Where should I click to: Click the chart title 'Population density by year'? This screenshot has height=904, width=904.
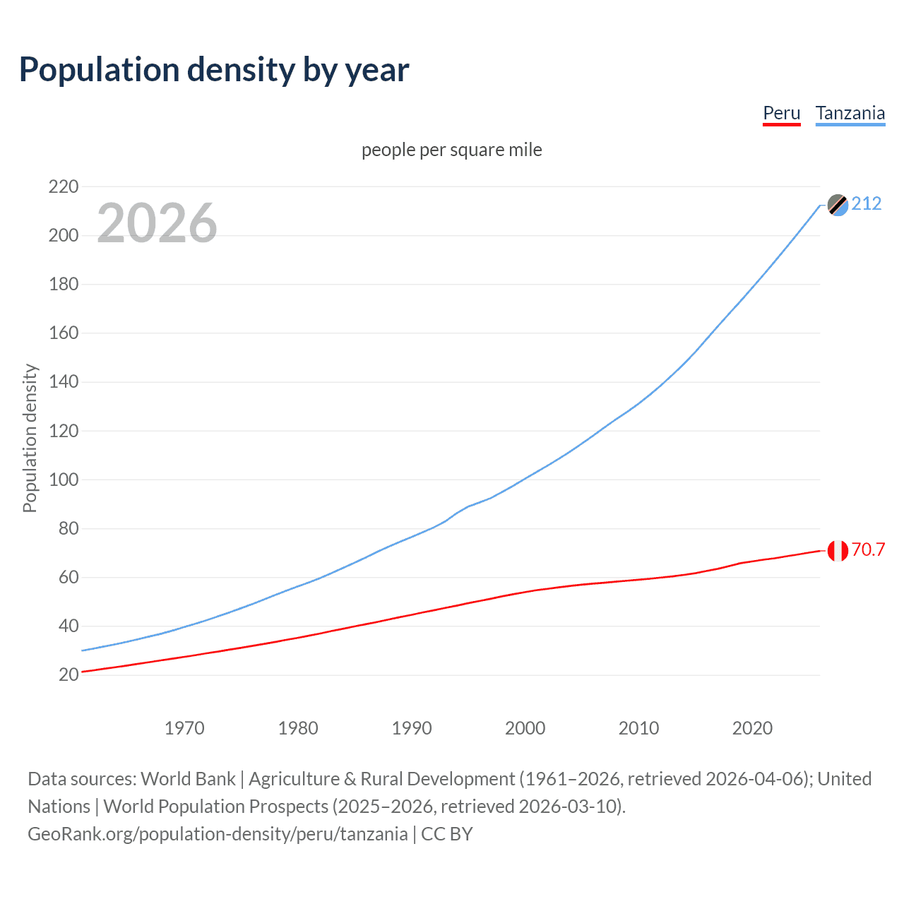click(214, 70)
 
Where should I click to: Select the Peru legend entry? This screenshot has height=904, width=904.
click(781, 113)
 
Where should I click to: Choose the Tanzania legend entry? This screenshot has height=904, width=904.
click(850, 113)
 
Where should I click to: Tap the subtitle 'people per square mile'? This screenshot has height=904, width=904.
click(451, 150)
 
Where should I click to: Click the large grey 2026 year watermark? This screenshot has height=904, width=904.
click(157, 223)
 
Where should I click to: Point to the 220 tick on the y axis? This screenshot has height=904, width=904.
click(64, 187)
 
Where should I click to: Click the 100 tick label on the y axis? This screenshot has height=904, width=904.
click(64, 480)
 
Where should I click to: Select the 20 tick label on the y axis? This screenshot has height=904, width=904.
click(69, 675)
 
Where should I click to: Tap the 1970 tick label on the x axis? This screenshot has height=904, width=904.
click(184, 728)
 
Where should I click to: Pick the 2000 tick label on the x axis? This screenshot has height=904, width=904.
click(525, 728)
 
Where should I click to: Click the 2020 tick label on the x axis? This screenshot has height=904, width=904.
click(752, 728)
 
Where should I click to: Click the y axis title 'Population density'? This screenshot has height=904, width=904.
click(30, 438)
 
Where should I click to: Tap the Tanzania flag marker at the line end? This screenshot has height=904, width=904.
click(838, 205)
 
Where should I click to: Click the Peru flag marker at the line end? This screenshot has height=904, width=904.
click(838, 550)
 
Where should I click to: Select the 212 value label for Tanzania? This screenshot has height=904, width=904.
click(867, 204)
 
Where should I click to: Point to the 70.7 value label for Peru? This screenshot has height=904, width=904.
click(868, 549)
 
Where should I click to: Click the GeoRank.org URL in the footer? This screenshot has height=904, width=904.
click(218, 834)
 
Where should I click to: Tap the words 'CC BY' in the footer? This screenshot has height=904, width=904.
click(447, 834)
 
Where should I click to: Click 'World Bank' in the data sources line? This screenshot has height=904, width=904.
click(188, 779)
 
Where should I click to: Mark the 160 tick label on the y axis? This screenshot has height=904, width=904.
click(64, 333)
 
